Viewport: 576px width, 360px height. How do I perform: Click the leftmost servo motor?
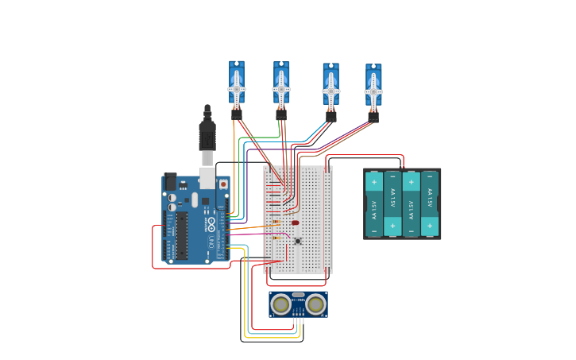(237, 83)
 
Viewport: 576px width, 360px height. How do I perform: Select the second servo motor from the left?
(281, 83)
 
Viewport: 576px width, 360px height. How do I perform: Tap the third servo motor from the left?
(331, 86)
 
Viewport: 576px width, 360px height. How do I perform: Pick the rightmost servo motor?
(373, 87)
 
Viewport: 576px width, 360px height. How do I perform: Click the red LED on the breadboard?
(296, 223)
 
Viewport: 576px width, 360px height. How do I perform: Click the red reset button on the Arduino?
(223, 184)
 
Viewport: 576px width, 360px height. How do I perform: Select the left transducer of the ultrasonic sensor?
(281, 304)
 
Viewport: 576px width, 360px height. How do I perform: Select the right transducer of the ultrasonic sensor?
(315, 304)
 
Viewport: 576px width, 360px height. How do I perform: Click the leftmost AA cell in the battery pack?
(374, 203)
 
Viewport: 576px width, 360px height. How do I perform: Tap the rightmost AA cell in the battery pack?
(430, 203)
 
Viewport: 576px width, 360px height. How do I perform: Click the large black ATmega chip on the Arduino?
(182, 235)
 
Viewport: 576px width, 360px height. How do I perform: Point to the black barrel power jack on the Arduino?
(170, 182)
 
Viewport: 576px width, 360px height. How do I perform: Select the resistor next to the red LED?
(276, 222)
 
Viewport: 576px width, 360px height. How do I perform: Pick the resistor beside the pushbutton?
(276, 238)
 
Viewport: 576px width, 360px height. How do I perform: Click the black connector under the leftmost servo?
(237, 114)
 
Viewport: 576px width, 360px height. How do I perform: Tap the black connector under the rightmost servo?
(373, 117)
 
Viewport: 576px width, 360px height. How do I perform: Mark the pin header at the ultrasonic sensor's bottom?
(298, 315)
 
